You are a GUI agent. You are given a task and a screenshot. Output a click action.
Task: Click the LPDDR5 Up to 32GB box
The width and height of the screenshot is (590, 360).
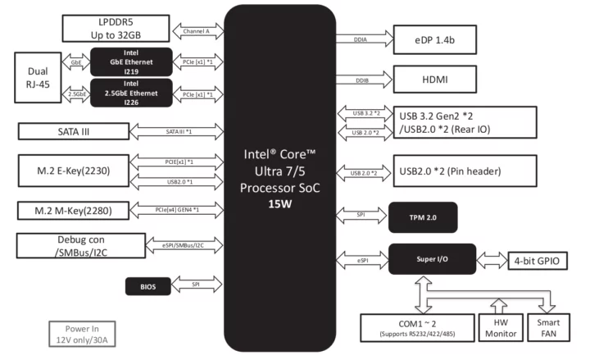(117, 28)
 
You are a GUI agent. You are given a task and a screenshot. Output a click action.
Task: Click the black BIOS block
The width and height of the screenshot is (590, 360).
(148, 286)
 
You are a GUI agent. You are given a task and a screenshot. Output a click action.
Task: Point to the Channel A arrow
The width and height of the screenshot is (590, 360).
(197, 31)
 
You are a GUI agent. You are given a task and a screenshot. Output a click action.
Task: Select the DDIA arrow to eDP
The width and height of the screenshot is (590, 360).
(362, 39)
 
